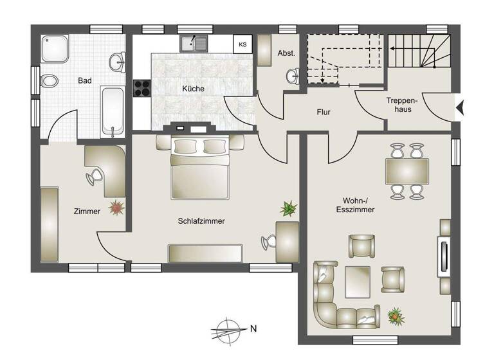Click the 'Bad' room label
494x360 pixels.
(84, 80)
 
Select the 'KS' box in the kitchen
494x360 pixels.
(242, 44)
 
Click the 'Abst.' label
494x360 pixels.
(286, 53)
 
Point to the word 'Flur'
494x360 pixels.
(324, 112)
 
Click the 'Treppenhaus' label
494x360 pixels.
(403, 105)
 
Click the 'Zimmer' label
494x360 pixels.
(87, 212)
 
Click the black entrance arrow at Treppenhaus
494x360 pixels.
(459, 109)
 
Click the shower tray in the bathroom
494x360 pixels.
(55, 48)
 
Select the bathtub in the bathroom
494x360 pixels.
(113, 111)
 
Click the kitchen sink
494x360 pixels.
(194, 44)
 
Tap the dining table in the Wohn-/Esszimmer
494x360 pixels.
(407, 171)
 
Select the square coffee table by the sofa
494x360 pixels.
(357, 280)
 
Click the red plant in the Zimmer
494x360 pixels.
(116, 207)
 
